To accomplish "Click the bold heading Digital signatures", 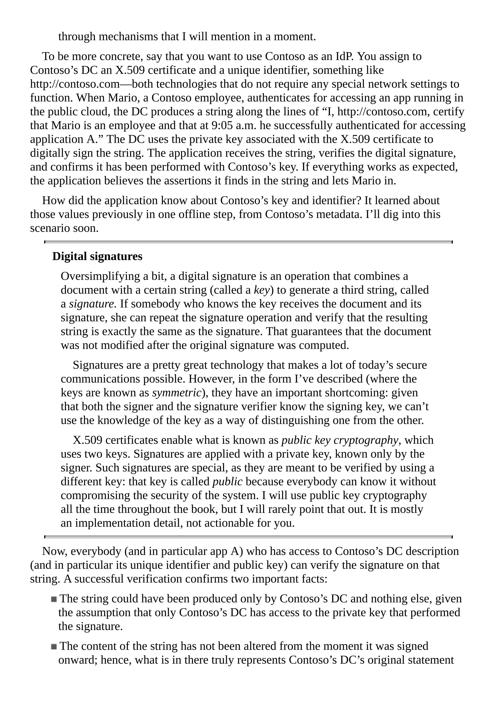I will [97, 256].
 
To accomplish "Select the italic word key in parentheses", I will [262, 290].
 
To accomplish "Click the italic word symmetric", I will [177, 393].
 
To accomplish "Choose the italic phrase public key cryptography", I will [340, 440].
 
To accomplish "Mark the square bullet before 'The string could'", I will [54, 599].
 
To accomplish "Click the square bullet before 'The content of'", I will [54, 646].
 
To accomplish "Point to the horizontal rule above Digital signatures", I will [248, 242].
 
